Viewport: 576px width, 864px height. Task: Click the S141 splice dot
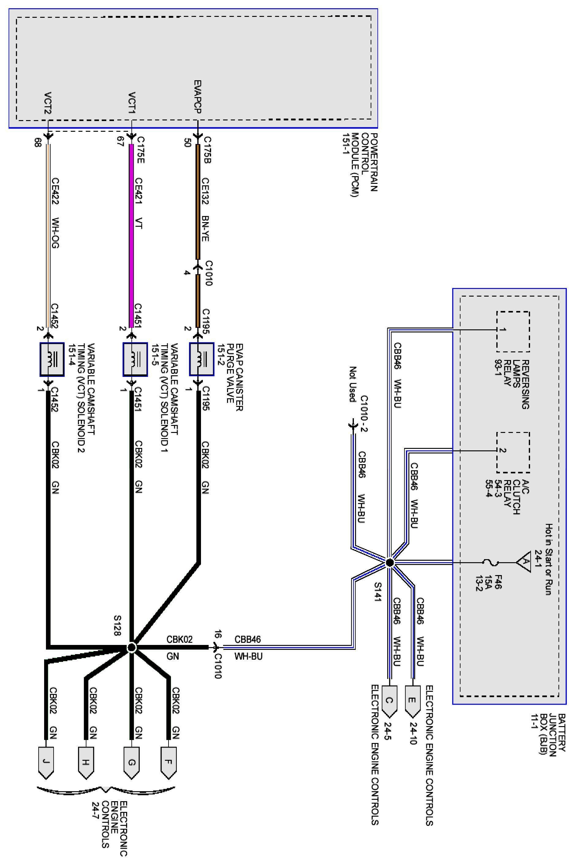pyautogui.click(x=390, y=563)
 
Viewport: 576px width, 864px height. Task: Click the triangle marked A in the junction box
pyautogui.click(x=523, y=562)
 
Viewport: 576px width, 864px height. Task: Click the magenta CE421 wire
pyautogui.click(x=131, y=235)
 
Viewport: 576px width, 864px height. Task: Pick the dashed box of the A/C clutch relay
pyautogui.click(x=513, y=452)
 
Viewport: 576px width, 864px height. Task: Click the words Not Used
pyautogui.click(x=353, y=384)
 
